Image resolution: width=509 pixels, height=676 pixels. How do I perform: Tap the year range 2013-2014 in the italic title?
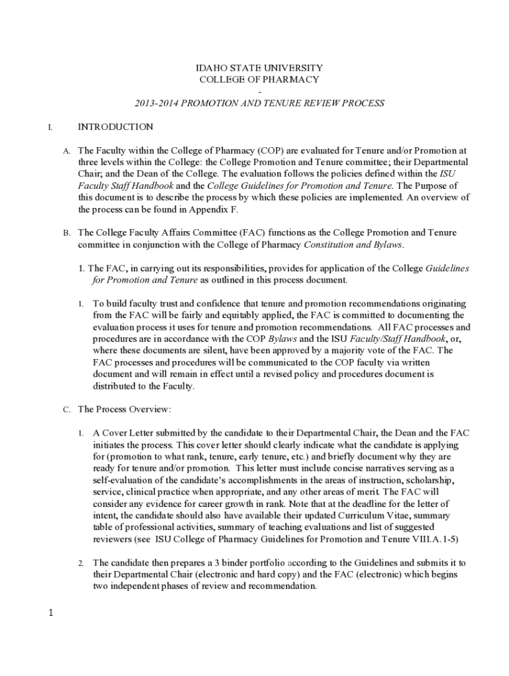[157, 103]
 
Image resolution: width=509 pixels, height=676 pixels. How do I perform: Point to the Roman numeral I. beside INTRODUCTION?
[50, 127]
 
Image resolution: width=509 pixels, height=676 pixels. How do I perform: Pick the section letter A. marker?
[67, 151]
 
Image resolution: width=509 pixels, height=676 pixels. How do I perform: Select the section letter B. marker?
[67, 233]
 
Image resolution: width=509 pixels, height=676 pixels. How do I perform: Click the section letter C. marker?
[67, 410]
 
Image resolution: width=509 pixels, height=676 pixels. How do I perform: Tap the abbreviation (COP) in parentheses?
[275, 151]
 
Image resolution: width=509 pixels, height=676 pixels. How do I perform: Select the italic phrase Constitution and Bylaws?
[353, 244]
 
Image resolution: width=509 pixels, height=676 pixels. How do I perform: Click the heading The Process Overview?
[124, 409]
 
